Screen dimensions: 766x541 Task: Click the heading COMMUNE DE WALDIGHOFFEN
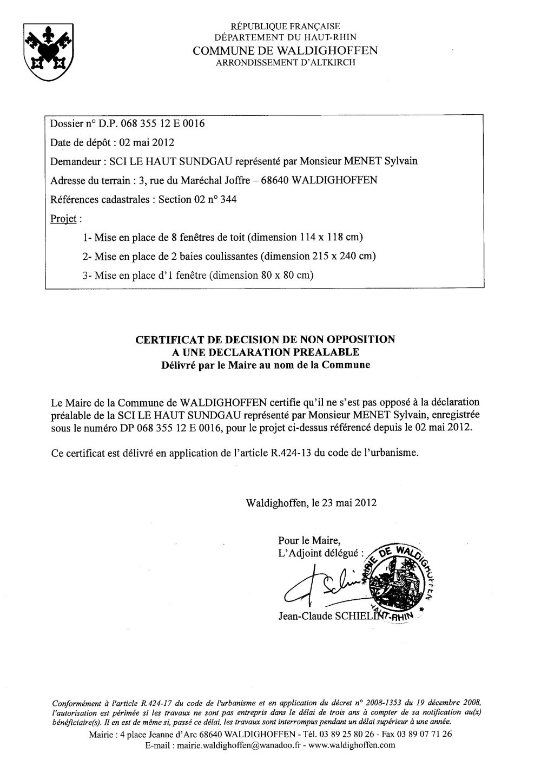point(285,50)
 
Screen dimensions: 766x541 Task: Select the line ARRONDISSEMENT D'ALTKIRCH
point(285,63)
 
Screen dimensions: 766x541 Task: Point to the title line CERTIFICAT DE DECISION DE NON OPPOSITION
point(265,339)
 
